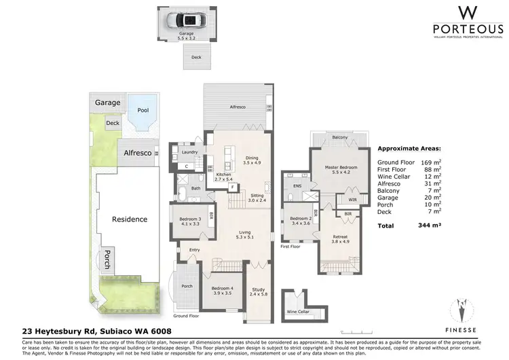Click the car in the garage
(x=186, y=19)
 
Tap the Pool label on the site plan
(x=143, y=109)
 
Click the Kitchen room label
(x=223, y=174)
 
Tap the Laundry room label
(x=189, y=152)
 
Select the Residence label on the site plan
(x=130, y=219)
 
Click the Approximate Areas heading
(x=409, y=147)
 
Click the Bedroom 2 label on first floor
(x=301, y=219)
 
